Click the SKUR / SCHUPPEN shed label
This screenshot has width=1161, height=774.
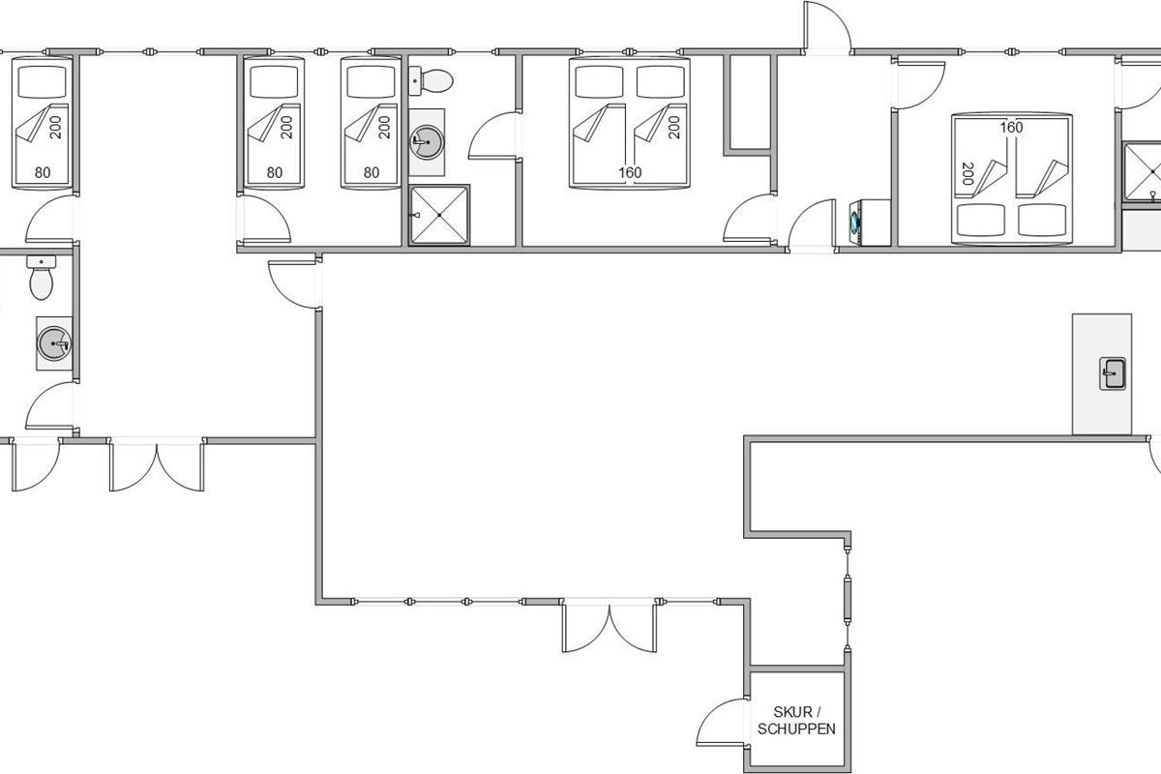pos(796,721)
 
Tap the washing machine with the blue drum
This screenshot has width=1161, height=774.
pos(870,223)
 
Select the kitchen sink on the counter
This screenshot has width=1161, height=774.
pos(1113,373)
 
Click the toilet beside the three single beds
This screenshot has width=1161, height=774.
pos(431,81)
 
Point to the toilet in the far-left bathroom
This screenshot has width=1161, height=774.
pos(42,278)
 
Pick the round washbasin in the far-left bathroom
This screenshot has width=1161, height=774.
pos(54,343)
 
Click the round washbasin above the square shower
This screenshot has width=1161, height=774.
pos(427,142)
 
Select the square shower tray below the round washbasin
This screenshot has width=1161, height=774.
pos(439,215)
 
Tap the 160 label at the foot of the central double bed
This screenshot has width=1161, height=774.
pos(630,172)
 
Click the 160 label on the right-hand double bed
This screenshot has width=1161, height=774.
pos(1011,128)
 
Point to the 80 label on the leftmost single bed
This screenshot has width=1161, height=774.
pos(43,172)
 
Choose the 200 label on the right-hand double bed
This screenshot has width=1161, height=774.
pos(967,174)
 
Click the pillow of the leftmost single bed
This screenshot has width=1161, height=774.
pos(42,82)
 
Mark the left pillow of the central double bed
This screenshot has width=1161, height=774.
pos(599,82)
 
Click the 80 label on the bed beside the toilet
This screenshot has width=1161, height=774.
pos(372,172)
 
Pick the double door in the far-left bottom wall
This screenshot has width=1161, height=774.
pos(157,466)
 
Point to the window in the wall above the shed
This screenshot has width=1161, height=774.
pos(848,602)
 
